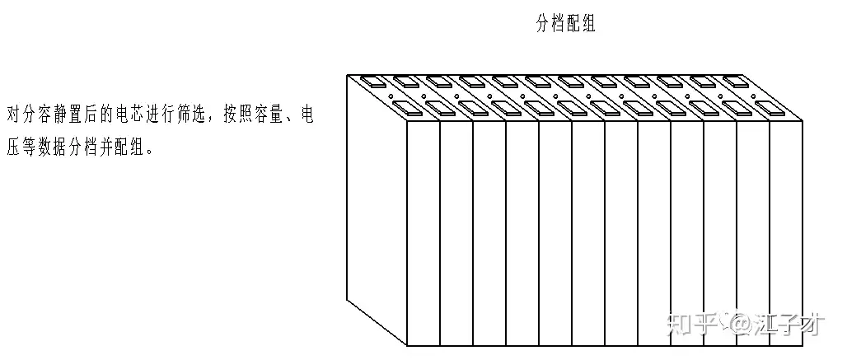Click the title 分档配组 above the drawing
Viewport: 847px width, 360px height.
tap(564, 25)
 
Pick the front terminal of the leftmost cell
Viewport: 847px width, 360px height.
tap(409, 107)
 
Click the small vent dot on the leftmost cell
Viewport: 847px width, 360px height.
tap(391, 95)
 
